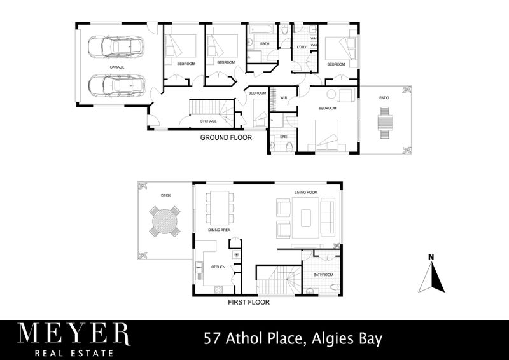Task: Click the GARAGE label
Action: tap(116, 67)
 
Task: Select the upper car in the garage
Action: tap(116, 46)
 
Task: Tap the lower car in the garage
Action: tap(116, 85)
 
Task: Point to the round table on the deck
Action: tap(165, 223)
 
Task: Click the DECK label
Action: tap(165, 196)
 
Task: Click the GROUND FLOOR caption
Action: tap(226, 137)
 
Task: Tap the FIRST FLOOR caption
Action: tap(249, 303)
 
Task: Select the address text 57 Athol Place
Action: tap(251, 338)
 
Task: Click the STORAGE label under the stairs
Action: tap(208, 121)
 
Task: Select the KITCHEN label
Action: tap(218, 267)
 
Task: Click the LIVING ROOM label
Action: tap(305, 191)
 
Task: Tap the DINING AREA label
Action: tap(219, 230)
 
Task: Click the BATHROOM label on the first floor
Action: tap(323, 275)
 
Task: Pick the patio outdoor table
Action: tap(384, 121)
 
